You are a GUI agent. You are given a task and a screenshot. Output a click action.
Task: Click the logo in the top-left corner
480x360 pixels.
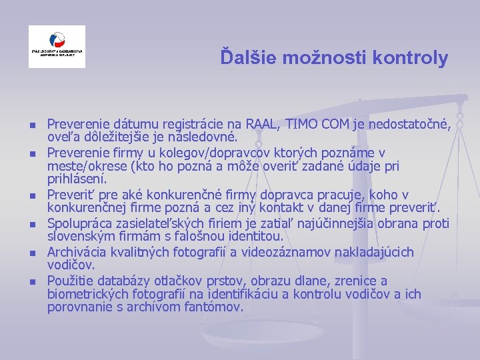(x=57, y=47)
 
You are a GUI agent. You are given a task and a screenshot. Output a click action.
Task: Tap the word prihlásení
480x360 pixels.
(x=77, y=179)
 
